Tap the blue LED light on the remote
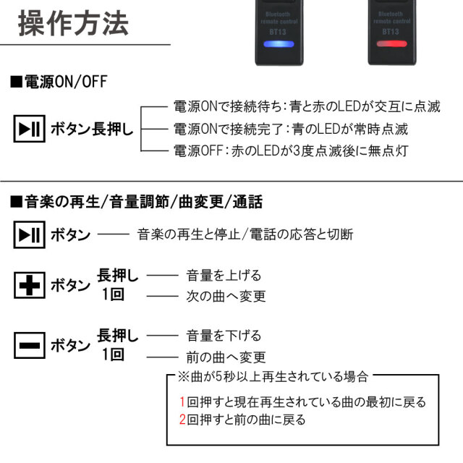[x=278, y=45]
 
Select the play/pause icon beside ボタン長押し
[x=29, y=130]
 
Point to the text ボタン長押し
[x=91, y=130]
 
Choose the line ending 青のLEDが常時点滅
[x=291, y=129]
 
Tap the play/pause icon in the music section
[x=29, y=235]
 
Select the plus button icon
[x=29, y=286]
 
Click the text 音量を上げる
[x=224, y=276]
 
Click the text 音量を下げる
[x=224, y=336]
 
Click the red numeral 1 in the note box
[x=183, y=402]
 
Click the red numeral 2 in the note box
[x=183, y=420]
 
